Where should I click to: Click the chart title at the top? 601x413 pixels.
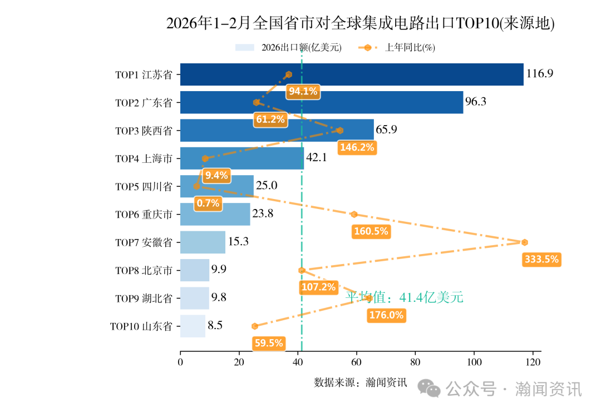click(360, 23)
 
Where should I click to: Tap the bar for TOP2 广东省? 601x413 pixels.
click(322, 102)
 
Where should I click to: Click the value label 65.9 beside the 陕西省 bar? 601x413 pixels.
click(387, 130)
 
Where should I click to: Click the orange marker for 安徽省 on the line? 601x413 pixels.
click(524, 242)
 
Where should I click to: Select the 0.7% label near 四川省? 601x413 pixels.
click(208, 203)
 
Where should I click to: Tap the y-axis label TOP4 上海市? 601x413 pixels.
click(144, 159)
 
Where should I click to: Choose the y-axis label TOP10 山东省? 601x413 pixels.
click(141, 326)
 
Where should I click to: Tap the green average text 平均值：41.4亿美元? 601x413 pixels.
click(404, 297)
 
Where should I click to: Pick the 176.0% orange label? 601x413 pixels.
click(386, 315)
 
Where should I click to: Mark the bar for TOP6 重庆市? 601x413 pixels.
click(215, 214)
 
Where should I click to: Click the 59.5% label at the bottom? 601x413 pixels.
click(269, 344)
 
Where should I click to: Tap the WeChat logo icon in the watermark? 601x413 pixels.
click(429, 389)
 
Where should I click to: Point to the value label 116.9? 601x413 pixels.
click(540, 73)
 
